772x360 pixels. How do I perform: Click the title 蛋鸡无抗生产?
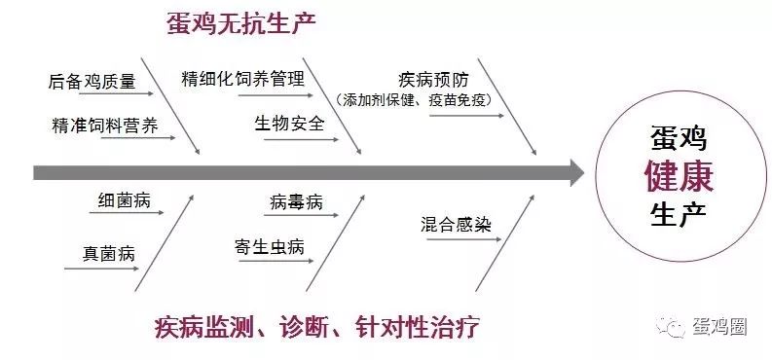click(240, 23)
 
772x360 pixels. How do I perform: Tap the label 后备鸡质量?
click(92, 81)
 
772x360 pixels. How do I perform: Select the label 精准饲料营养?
click(105, 126)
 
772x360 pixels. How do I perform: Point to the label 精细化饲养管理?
click(242, 78)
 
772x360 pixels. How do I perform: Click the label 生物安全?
click(289, 123)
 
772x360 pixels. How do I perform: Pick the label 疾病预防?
click(433, 80)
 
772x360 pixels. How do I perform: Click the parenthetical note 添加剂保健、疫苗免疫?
click(415, 100)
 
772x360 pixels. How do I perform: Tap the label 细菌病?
click(124, 200)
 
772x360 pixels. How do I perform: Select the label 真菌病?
click(108, 254)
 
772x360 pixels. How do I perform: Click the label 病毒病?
click(296, 202)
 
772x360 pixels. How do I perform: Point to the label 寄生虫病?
click(270, 247)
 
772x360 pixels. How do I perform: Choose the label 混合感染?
click(456, 224)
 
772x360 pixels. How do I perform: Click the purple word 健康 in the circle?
click(679, 176)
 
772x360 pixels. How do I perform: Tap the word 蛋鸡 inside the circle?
click(679, 138)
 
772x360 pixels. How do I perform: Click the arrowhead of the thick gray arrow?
click(577, 172)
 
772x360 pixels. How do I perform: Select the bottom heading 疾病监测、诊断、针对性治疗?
click(316, 327)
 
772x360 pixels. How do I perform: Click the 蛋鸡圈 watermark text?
click(719, 326)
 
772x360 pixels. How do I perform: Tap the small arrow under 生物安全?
click(302, 140)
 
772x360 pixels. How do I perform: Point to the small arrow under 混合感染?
click(463, 239)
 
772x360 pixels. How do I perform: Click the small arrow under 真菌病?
click(102, 269)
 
